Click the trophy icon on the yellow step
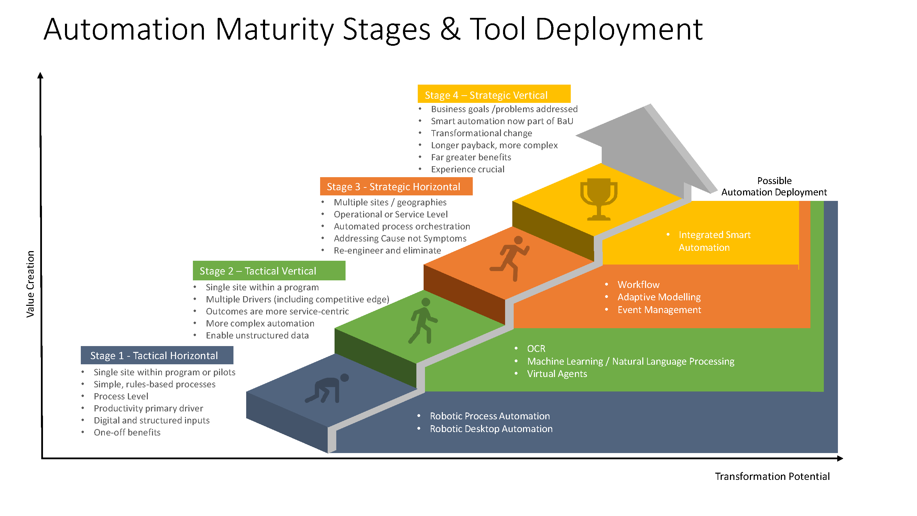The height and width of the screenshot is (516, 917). pos(599,200)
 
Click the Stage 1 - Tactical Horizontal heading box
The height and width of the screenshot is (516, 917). pos(157,355)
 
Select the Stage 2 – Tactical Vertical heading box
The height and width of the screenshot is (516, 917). pos(269,271)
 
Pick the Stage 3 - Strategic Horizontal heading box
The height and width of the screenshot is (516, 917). pos(396,186)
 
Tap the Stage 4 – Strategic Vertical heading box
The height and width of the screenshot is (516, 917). pos(494,95)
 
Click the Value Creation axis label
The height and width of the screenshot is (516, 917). pos(31,284)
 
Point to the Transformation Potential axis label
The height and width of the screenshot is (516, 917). pos(772,476)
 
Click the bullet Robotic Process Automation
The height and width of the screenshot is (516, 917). pos(490,416)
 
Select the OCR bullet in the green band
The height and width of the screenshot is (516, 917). pos(536,348)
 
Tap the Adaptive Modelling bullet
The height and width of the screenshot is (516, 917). pos(658,297)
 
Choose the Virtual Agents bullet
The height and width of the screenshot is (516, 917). pos(557,374)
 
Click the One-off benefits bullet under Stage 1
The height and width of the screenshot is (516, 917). pos(127,432)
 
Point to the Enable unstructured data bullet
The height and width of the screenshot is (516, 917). pos(257,335)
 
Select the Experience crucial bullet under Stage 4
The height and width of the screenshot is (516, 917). pos(467,169)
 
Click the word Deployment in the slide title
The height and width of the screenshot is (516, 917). pos(618,30)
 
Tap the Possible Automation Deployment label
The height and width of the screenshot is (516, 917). pos(774,186)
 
